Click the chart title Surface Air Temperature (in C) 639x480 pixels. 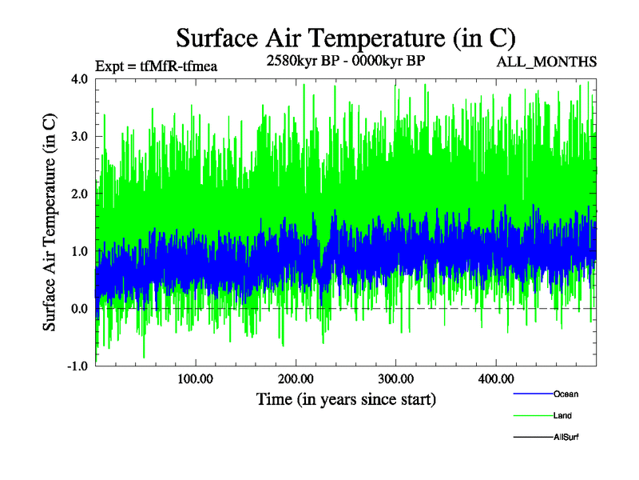coord(346,38)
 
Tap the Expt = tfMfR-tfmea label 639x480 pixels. coord(156,66)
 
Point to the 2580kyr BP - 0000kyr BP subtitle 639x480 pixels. coord(345,62)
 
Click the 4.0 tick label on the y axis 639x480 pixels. coord(80,79)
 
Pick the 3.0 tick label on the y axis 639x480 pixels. coord(80,137)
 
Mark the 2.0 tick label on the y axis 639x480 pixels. coord(80,194)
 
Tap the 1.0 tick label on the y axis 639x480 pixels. coord(80,251)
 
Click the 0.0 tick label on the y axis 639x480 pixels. coord(80,309)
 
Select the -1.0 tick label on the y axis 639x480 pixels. coord(77,366)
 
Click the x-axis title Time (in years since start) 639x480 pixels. coord(346,398)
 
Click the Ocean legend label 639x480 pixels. coord(566,394)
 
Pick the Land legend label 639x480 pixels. coord(562,416)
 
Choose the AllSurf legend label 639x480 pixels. coord(566,438)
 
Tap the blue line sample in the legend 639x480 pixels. coord(532,394)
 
